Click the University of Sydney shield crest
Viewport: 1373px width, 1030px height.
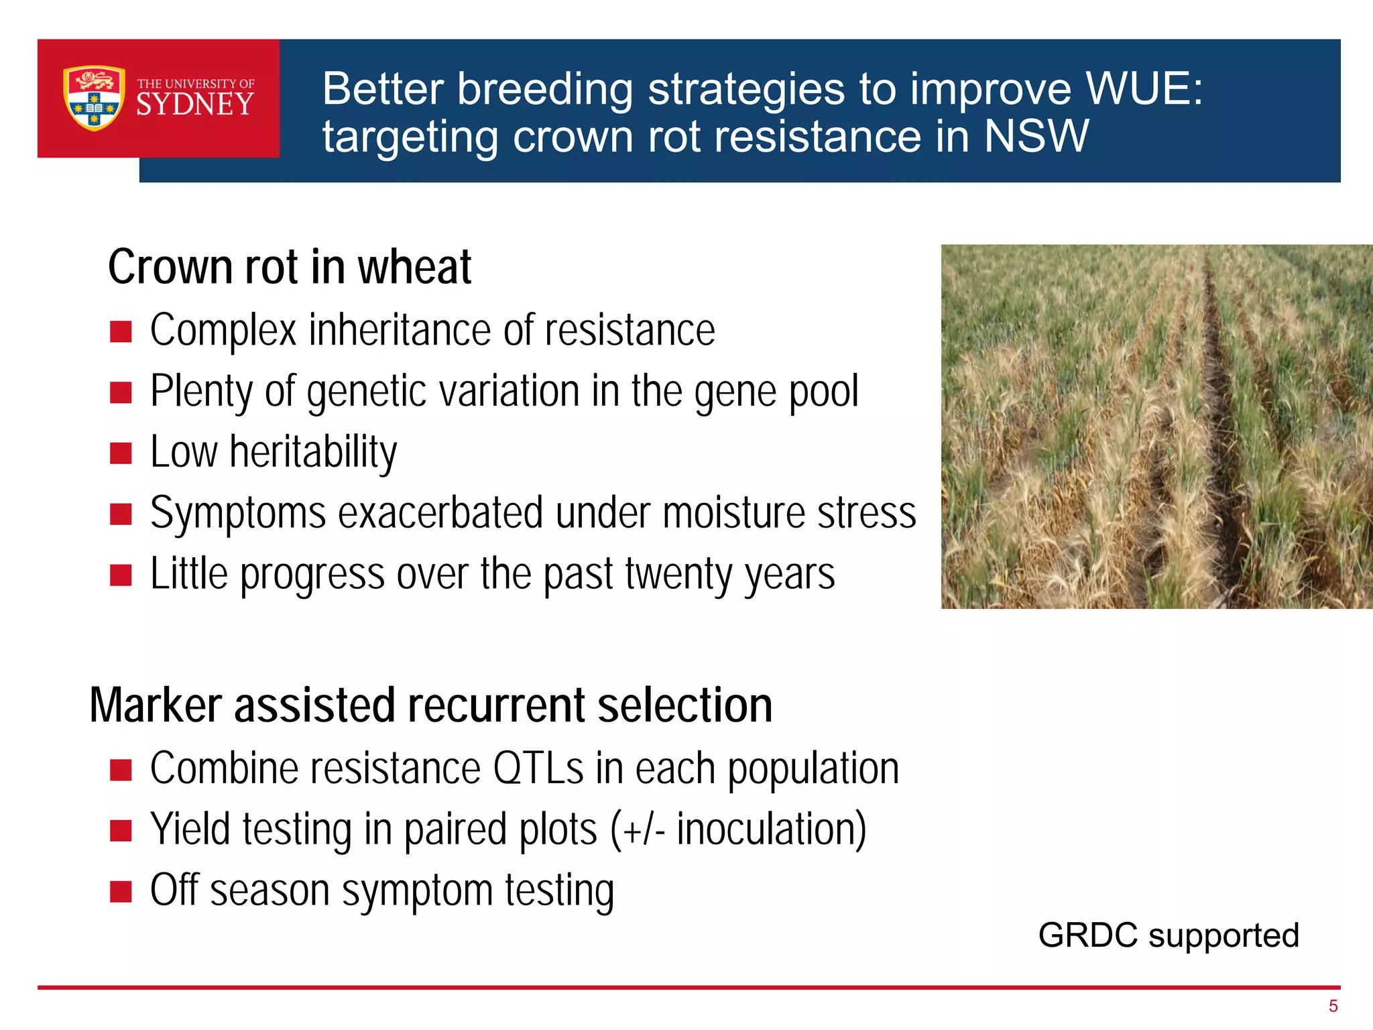point(94,98)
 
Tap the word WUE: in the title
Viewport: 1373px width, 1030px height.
point(1144,89)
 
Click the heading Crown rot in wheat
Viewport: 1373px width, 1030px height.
point(290,267)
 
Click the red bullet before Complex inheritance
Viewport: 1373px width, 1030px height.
point(121,331)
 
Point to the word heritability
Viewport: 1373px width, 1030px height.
point(313,452)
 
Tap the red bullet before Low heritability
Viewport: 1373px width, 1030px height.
point(121,453)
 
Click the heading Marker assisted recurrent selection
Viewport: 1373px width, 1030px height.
point(430,705)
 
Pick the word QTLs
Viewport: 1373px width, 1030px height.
point(538,768)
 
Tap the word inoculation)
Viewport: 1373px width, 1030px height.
point(771,830)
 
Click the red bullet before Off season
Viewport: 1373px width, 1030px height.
point(121,892)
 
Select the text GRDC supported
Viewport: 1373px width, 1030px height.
point(1168,935)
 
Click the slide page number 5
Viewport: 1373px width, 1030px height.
point(1333,1006)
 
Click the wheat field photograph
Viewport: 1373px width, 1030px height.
point(1156,426)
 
